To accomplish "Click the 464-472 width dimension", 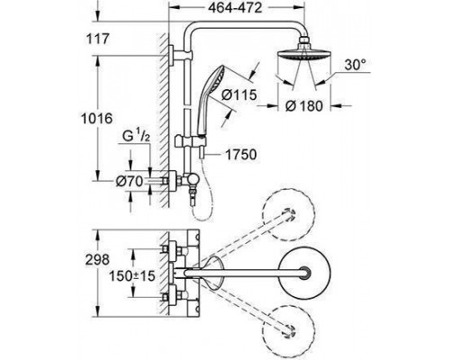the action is [x=235, y=8].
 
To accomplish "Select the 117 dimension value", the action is [x=98, y=39].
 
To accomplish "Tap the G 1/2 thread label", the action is [x=136, y=137].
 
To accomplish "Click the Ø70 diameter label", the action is [x=130, y=181].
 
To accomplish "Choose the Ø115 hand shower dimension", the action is [x=239, y=94].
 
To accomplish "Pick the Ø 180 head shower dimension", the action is [x=304, y=105].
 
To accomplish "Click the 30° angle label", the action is [x=355, y=65].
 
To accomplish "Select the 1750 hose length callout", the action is [x=241, y=155].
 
